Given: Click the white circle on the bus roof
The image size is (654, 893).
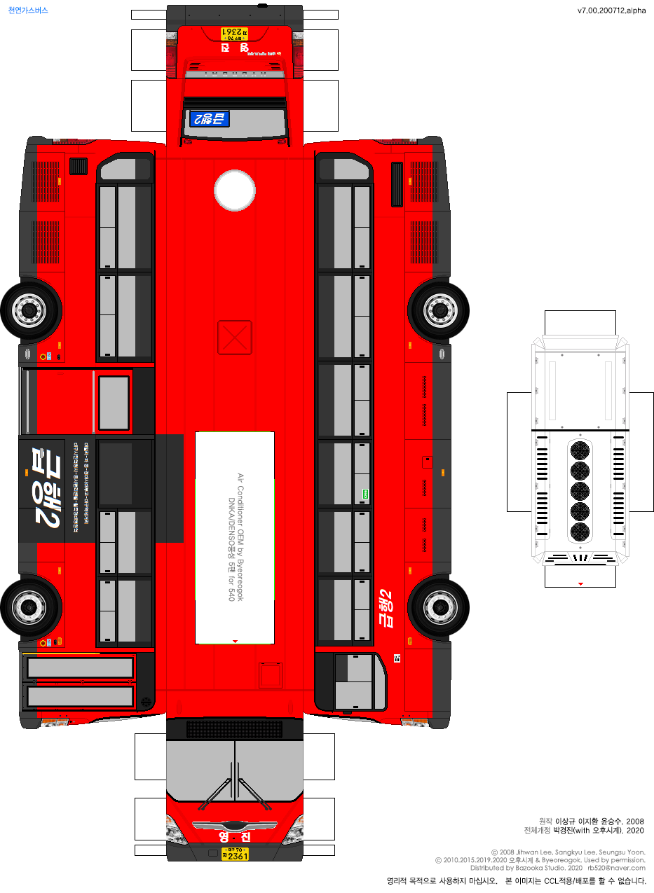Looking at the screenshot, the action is [235, 191].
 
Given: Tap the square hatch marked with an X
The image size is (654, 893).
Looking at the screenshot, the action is [235, 337].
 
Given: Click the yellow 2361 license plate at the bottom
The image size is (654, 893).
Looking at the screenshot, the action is [235, 854].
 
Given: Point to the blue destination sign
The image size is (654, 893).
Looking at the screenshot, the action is [209, 118].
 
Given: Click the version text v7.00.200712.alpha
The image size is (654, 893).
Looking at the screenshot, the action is [611, 11].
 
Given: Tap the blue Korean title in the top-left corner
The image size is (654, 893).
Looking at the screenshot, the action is [28, 11].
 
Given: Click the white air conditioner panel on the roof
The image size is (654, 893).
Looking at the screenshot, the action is [235, 537].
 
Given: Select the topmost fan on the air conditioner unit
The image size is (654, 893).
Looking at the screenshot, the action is [580, 450].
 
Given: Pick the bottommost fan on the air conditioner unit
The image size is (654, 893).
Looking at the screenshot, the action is [580, 532].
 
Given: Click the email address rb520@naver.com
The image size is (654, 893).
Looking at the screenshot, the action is [616, 868].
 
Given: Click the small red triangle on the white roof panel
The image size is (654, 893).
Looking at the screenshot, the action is [235, 641].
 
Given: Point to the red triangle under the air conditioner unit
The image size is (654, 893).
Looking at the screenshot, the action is [580, 583].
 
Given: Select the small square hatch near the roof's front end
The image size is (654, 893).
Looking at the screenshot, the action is [270, 676].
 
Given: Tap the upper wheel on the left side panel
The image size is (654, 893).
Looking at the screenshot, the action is [30, 308].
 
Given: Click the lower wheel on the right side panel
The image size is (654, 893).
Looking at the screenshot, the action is [439, 606].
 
